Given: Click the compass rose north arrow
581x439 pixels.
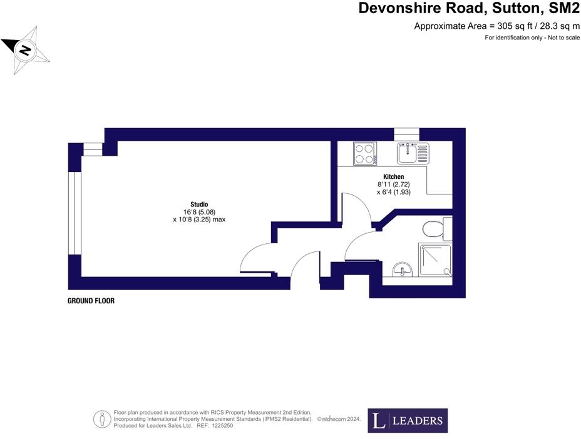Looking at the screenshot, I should point(25,50).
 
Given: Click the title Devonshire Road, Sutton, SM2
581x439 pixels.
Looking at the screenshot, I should point(469,9).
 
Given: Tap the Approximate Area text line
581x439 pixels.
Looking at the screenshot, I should point(497,26).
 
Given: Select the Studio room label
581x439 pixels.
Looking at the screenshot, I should point(199,204).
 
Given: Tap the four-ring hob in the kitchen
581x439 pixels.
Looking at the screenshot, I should point(364,153).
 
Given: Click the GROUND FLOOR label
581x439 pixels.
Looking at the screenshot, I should point(91,301).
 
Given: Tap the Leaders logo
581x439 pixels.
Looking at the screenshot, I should point(407,421).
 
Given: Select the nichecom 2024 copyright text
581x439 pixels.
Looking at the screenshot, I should point(339,419).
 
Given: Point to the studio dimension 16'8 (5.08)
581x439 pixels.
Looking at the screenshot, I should point(199,212).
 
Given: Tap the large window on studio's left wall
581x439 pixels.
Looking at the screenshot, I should point(75,213).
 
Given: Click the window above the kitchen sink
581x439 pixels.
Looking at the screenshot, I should point(406,134).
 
